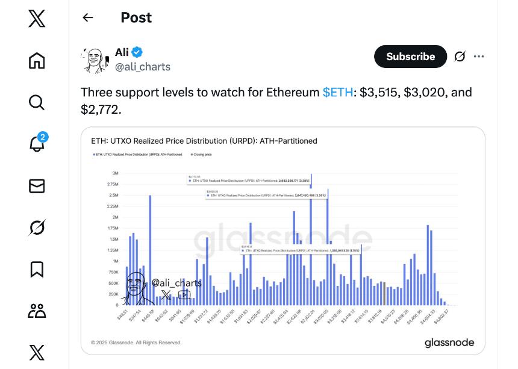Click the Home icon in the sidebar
tap(37, 60)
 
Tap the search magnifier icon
tap(37, 102)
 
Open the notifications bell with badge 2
tap(37, 144)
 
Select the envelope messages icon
tap(37, 186)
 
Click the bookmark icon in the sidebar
tap(37, 269)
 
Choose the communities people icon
tap(37, 311)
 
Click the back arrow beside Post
tap(88, 17)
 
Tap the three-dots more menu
tap(479, 57)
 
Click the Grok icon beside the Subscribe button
tap(460, 57)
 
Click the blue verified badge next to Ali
tap(137, 52)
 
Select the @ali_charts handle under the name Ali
tap(143, 67)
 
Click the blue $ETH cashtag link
tap(338, 93)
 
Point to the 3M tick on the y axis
tap(114, 173)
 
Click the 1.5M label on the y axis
tap(113, 240)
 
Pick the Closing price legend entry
tap(202, 155)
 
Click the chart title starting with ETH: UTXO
tap(204, 141)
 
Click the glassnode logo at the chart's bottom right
tap(449, 343)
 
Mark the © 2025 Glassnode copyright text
tap(136, 343)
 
